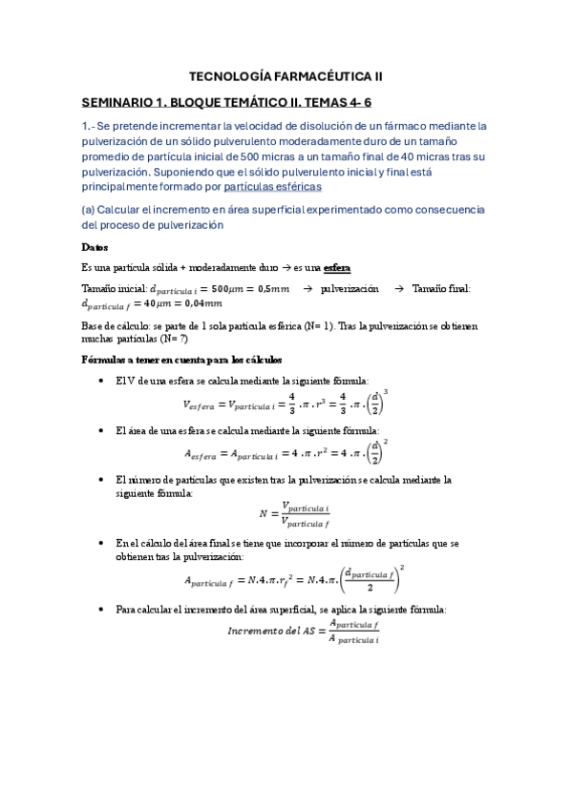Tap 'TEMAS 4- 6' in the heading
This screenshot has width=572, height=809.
tap(371, 101)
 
